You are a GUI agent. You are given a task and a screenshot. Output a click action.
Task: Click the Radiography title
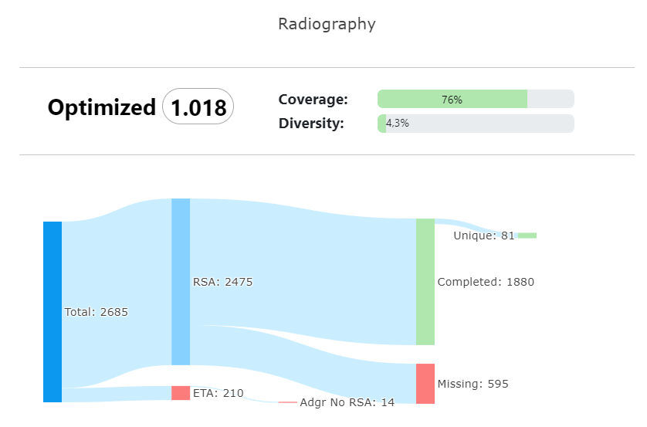[327, 24]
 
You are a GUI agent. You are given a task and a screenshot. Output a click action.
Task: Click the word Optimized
[101, 107]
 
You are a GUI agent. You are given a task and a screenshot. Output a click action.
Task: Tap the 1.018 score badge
[198, 107]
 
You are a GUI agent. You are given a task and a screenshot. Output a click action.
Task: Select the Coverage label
[313, 100]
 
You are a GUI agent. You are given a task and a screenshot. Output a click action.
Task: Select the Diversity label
[311, 124]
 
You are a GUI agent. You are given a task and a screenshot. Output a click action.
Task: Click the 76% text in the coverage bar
[452, 100]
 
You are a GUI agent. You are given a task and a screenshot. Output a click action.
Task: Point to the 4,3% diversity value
[397, 124]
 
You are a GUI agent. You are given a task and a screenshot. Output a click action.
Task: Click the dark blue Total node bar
[53, 311]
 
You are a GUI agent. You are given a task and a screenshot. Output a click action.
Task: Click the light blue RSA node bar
[181, 281]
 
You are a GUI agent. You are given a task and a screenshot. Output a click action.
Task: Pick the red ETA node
[181, 393]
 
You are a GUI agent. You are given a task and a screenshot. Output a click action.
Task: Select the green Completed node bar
[425, 281]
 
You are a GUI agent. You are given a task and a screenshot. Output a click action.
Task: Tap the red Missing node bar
[425, 383]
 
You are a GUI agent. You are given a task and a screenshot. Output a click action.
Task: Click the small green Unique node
[527, 236]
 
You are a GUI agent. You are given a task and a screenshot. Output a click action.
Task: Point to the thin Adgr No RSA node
[287, 402]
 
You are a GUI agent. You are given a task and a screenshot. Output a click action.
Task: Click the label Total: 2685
[97, 313]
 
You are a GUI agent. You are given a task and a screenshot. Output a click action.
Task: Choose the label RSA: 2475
[223, 283]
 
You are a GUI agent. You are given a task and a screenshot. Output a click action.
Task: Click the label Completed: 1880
[486, 283]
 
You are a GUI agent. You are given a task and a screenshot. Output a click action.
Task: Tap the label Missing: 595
[473, 385]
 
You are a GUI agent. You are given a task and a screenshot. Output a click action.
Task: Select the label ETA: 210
[218, 394]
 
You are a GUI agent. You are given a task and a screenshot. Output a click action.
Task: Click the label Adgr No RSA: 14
[347, 403]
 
